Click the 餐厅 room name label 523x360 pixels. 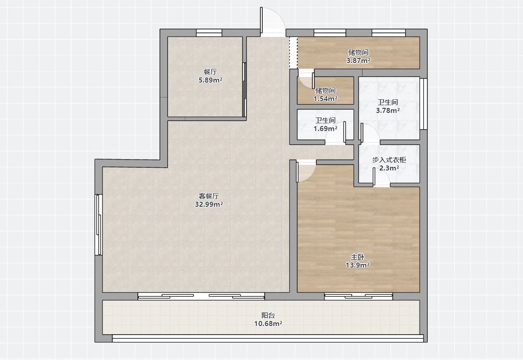(210, 72)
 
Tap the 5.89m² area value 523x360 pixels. (210, 80)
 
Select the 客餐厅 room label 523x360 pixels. (209, 196)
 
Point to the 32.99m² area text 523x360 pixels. (209, 204)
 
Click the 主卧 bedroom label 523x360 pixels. (357, 257)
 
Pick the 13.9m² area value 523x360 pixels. (357, 265)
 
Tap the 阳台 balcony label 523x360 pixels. (268, 315)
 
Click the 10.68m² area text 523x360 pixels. (268, 324)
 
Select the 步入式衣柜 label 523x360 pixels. (389, 160)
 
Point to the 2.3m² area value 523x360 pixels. (389, 169)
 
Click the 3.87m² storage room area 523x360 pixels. (358, 61)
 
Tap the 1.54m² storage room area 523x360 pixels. (325, 99)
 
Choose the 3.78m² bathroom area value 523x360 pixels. (388, 111)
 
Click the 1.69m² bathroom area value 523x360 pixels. (325, 128)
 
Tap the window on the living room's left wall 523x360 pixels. (98, 224)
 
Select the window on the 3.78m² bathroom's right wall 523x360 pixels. (424, 104)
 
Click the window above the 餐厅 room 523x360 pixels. (209, 33)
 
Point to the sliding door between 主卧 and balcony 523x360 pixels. (358, 296)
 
